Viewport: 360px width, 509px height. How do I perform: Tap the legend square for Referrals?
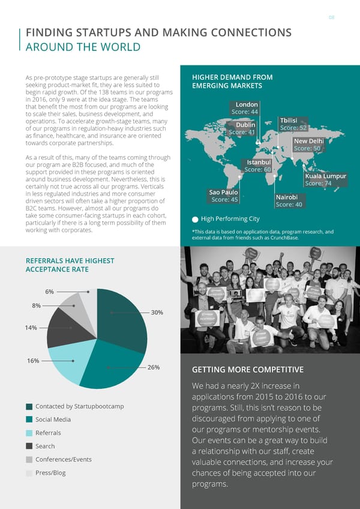click(29, 433)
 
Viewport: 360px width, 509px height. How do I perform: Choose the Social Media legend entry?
click(53, 420)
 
